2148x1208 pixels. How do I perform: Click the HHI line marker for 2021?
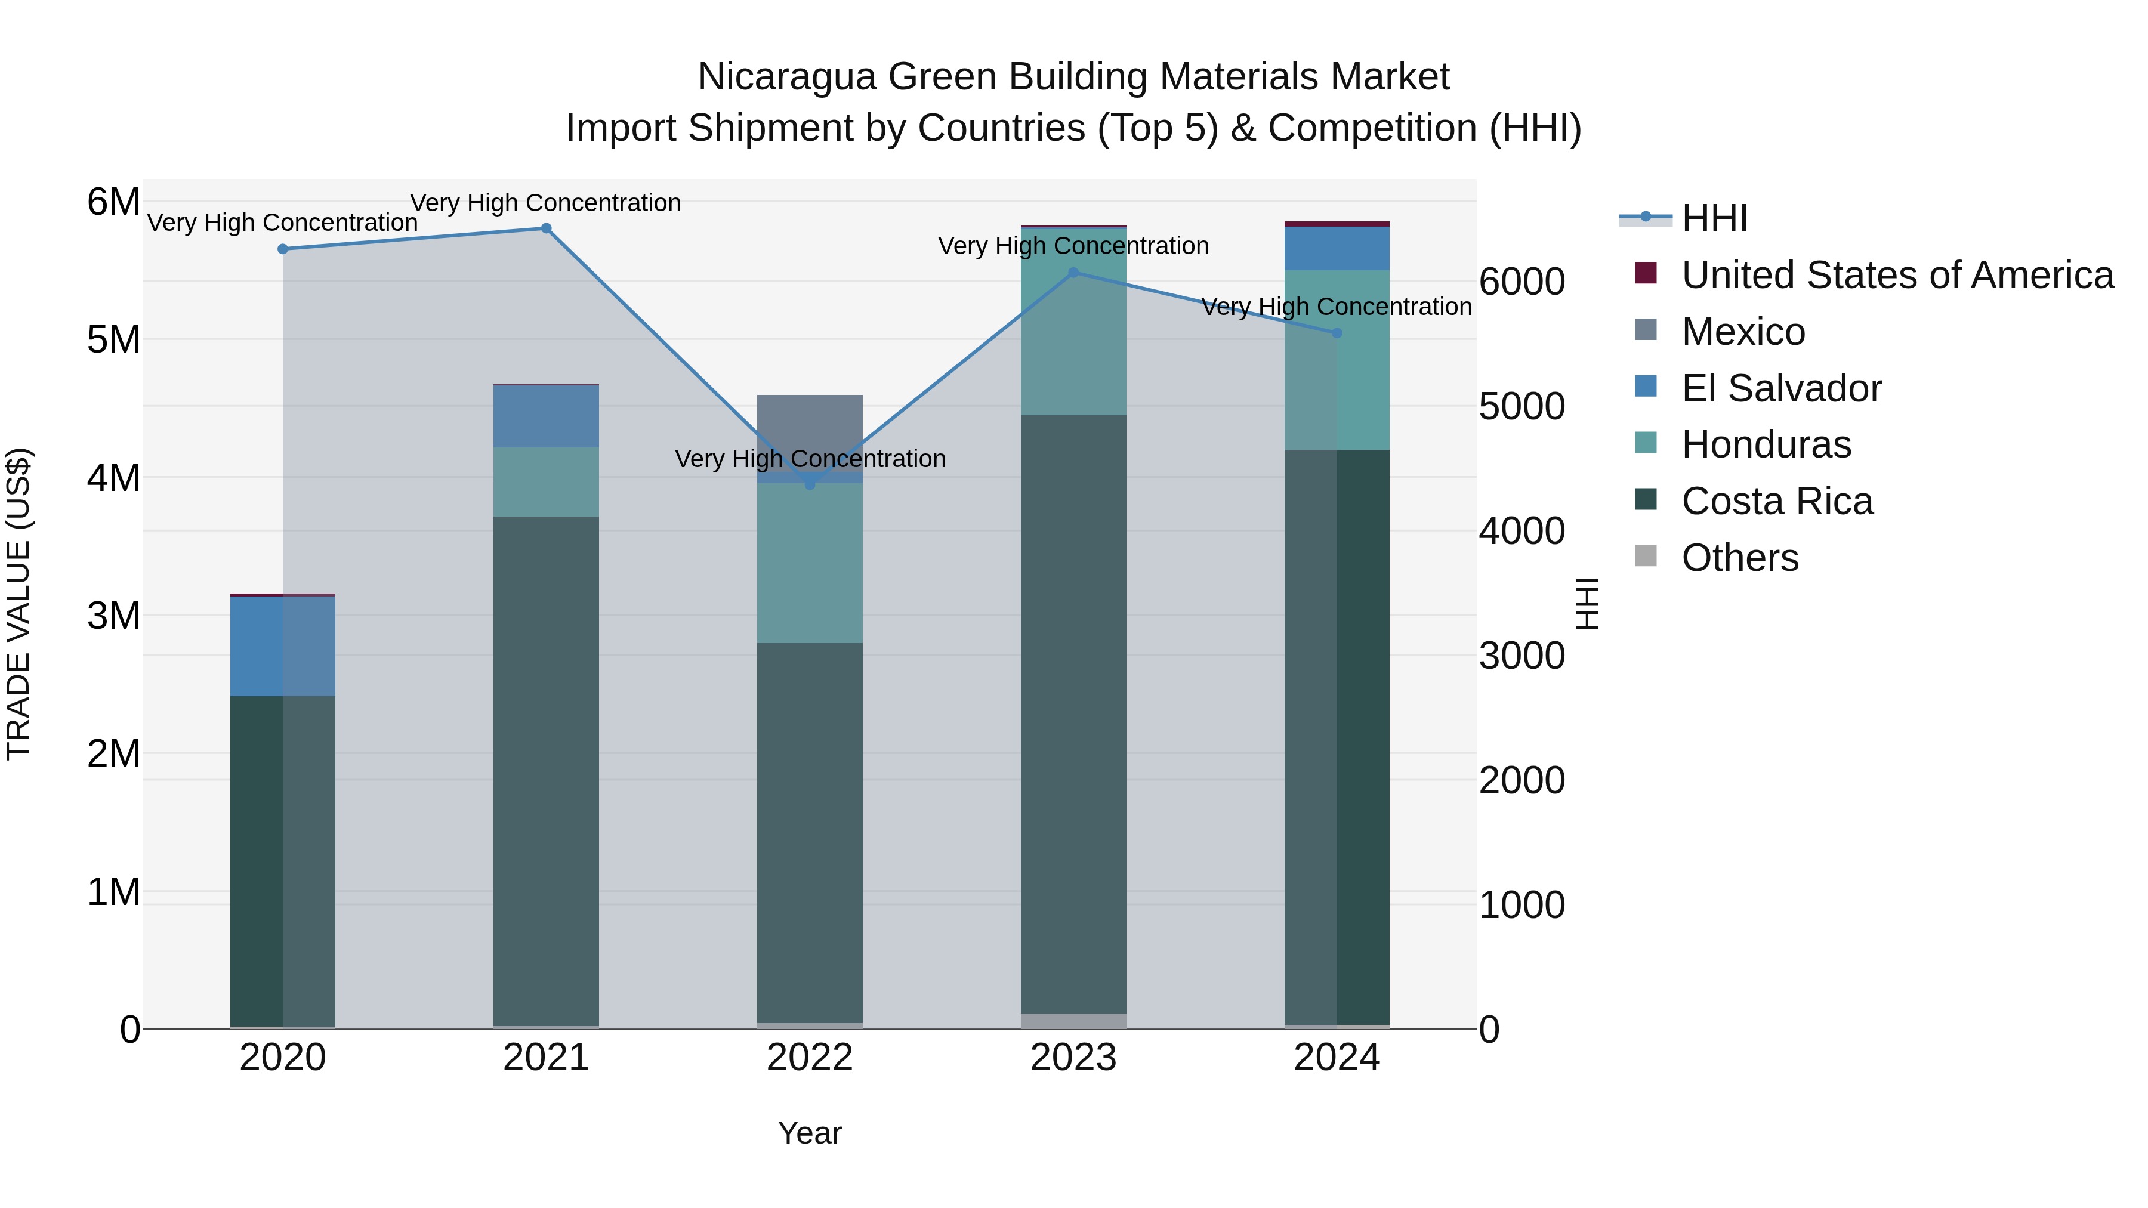546,228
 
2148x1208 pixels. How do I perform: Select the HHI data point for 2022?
810,484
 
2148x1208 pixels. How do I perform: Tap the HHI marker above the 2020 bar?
283,248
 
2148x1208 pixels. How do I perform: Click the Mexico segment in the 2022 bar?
810,430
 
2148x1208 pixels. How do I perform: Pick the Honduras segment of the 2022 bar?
810,563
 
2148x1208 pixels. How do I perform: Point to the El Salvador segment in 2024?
1337,248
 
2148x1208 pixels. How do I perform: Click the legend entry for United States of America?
1897,275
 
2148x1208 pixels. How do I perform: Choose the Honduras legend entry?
1766,444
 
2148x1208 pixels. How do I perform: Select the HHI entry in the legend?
1714,218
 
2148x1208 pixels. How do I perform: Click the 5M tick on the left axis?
113,340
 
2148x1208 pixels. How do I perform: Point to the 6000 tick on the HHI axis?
1521,282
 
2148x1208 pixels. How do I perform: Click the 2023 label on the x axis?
1073,1058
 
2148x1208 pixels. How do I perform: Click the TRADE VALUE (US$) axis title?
18,604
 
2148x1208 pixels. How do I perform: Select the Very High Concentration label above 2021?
545,203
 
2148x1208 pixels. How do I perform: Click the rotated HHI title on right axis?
1587,604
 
